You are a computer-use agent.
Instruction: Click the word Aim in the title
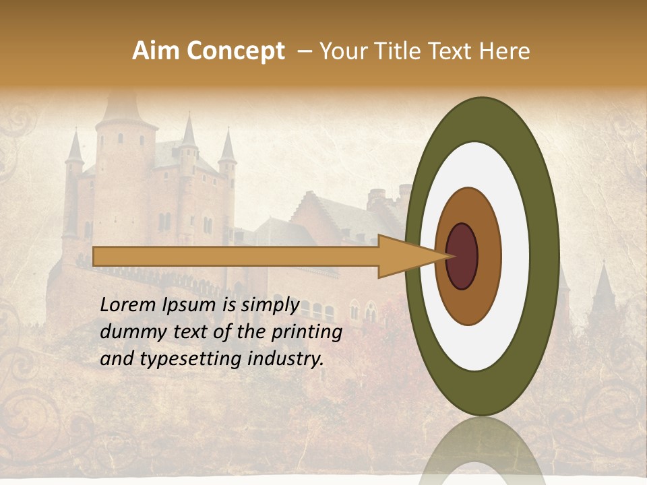point(156,51)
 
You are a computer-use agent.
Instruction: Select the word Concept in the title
point(235,51)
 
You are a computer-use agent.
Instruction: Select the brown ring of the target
point(489,257)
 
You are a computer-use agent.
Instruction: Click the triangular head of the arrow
point(404,257)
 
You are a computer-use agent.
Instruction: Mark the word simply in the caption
point(270,305)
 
